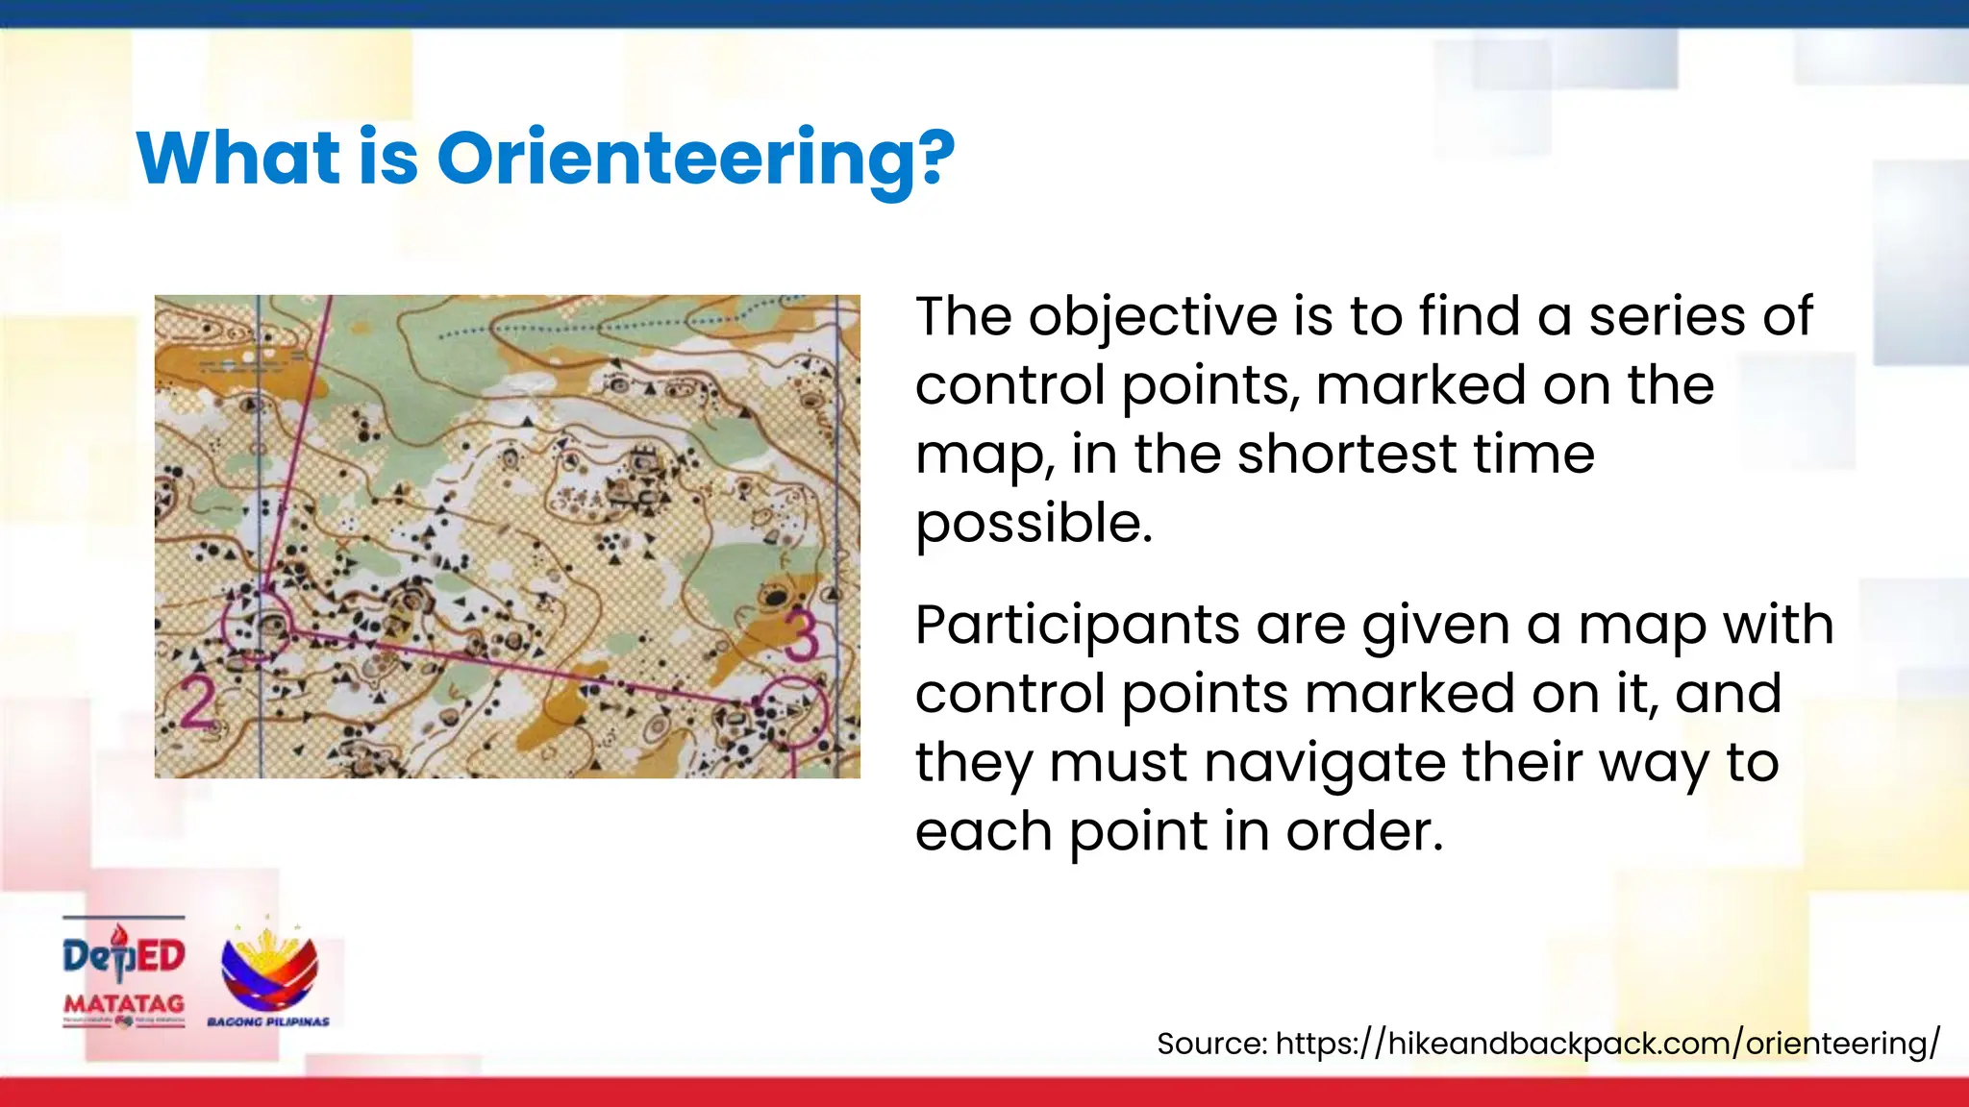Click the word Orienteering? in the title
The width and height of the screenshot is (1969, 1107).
(696, 158)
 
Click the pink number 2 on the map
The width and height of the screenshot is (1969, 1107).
(198, 703)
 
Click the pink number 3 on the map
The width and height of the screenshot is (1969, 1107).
(800, 636)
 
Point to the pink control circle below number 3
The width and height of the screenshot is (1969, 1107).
(792, 711)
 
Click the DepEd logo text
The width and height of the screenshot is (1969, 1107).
(124, 956)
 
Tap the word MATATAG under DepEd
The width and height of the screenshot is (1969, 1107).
(124, 1003)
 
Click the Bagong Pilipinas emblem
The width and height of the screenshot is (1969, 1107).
(269, 971)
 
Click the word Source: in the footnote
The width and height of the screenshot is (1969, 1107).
(1211, 1044)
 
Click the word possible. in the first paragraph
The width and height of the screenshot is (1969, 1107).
(1034, 524)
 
